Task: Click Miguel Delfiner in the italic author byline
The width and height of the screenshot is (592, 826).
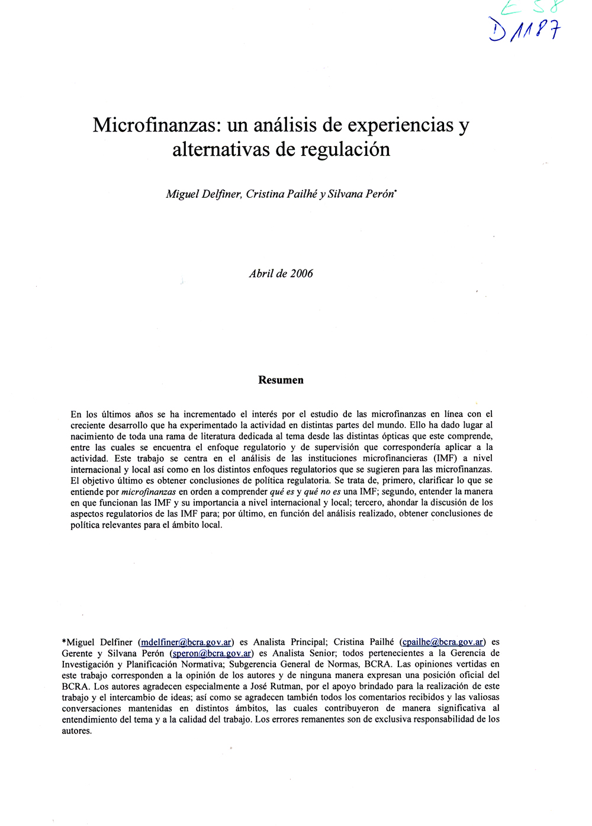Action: (203, 194)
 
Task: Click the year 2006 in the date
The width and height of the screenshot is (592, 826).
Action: (301, 274)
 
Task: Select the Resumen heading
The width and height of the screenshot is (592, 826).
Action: (281, 380)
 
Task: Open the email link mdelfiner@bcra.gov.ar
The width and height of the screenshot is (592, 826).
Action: (186, 642)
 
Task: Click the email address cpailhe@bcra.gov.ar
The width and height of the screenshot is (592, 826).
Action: (443, 642)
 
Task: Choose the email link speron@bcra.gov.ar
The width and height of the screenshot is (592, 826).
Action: (211, 654)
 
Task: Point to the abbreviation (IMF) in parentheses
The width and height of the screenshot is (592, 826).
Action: (445, 458)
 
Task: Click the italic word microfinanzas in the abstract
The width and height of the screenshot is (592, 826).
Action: (149, 492)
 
